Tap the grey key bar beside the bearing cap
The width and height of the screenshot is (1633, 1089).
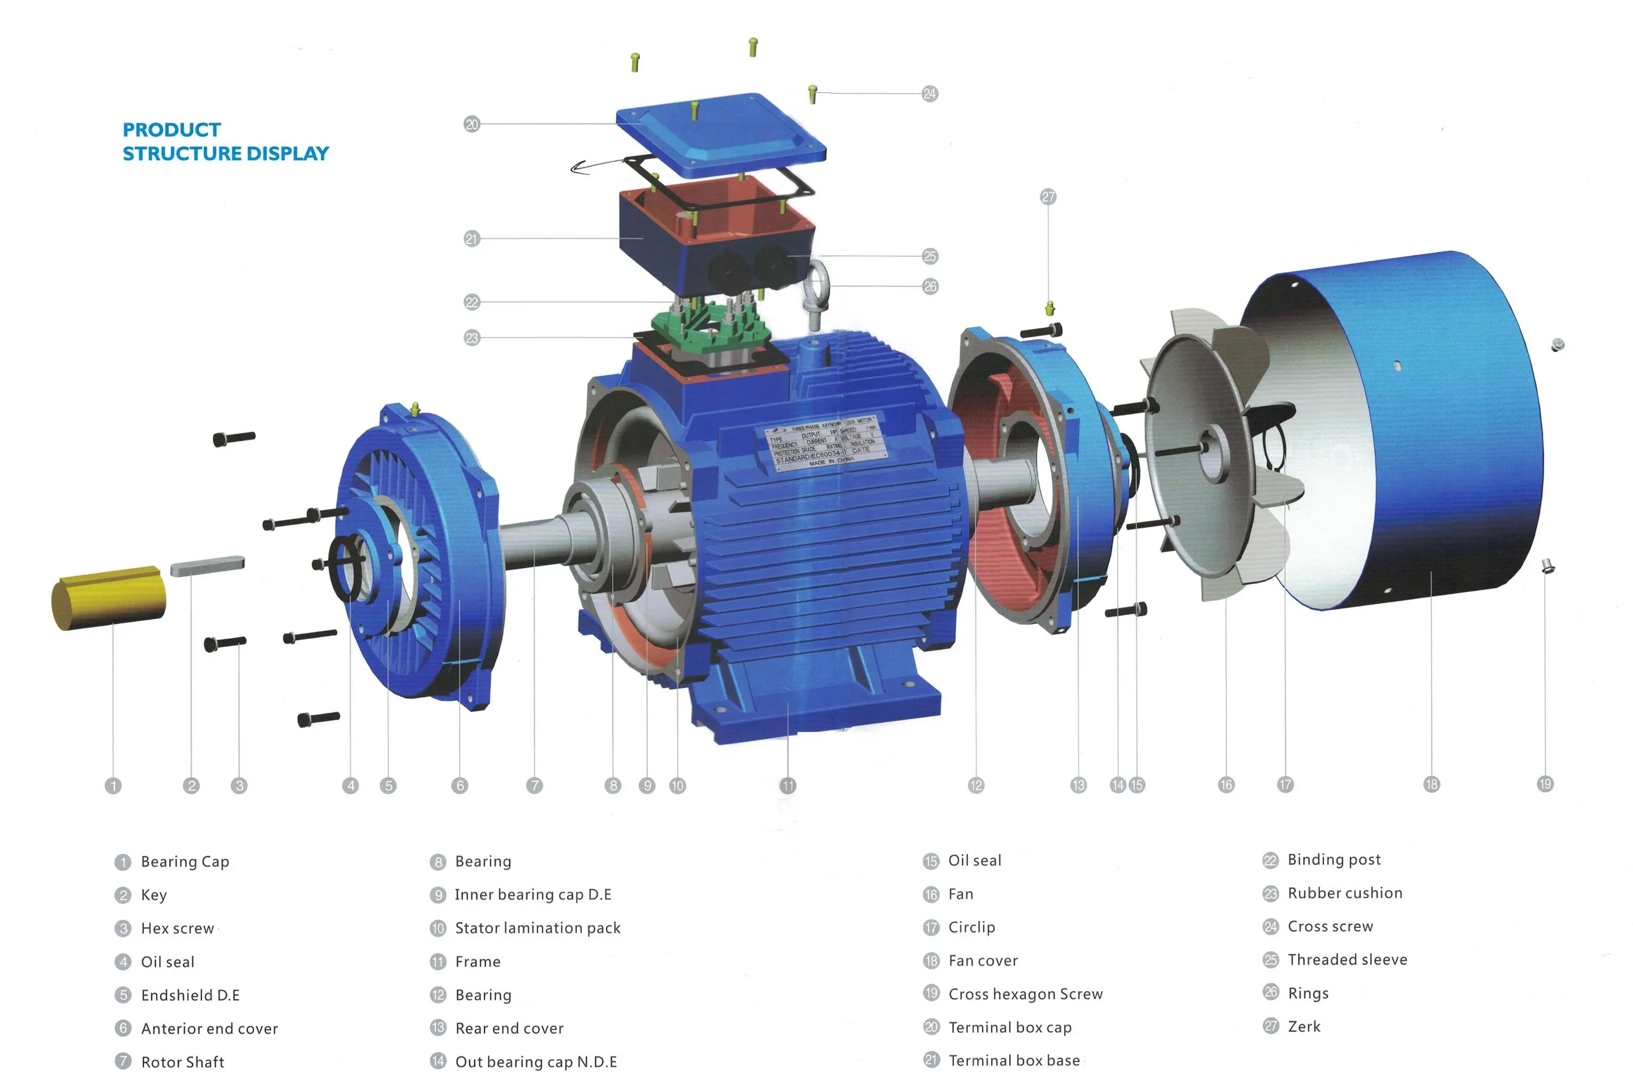[x=207, y=565]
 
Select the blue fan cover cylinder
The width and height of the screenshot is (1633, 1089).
[x=1423, y=431]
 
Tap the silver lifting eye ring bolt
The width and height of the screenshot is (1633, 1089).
[x=816, y=292]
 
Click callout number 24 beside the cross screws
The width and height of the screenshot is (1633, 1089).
[x=930, y=94]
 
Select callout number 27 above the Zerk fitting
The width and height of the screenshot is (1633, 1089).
[x=1048, y=197]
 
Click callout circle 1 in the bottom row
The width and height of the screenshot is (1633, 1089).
[x=113, y=786]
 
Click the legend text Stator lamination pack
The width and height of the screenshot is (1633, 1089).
[x=537, y=928]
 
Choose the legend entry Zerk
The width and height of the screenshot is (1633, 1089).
[x=1304, y=1027]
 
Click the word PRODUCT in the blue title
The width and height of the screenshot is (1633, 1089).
[x=171, y=130]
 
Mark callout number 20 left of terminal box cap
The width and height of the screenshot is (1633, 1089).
[x=472, y=124]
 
